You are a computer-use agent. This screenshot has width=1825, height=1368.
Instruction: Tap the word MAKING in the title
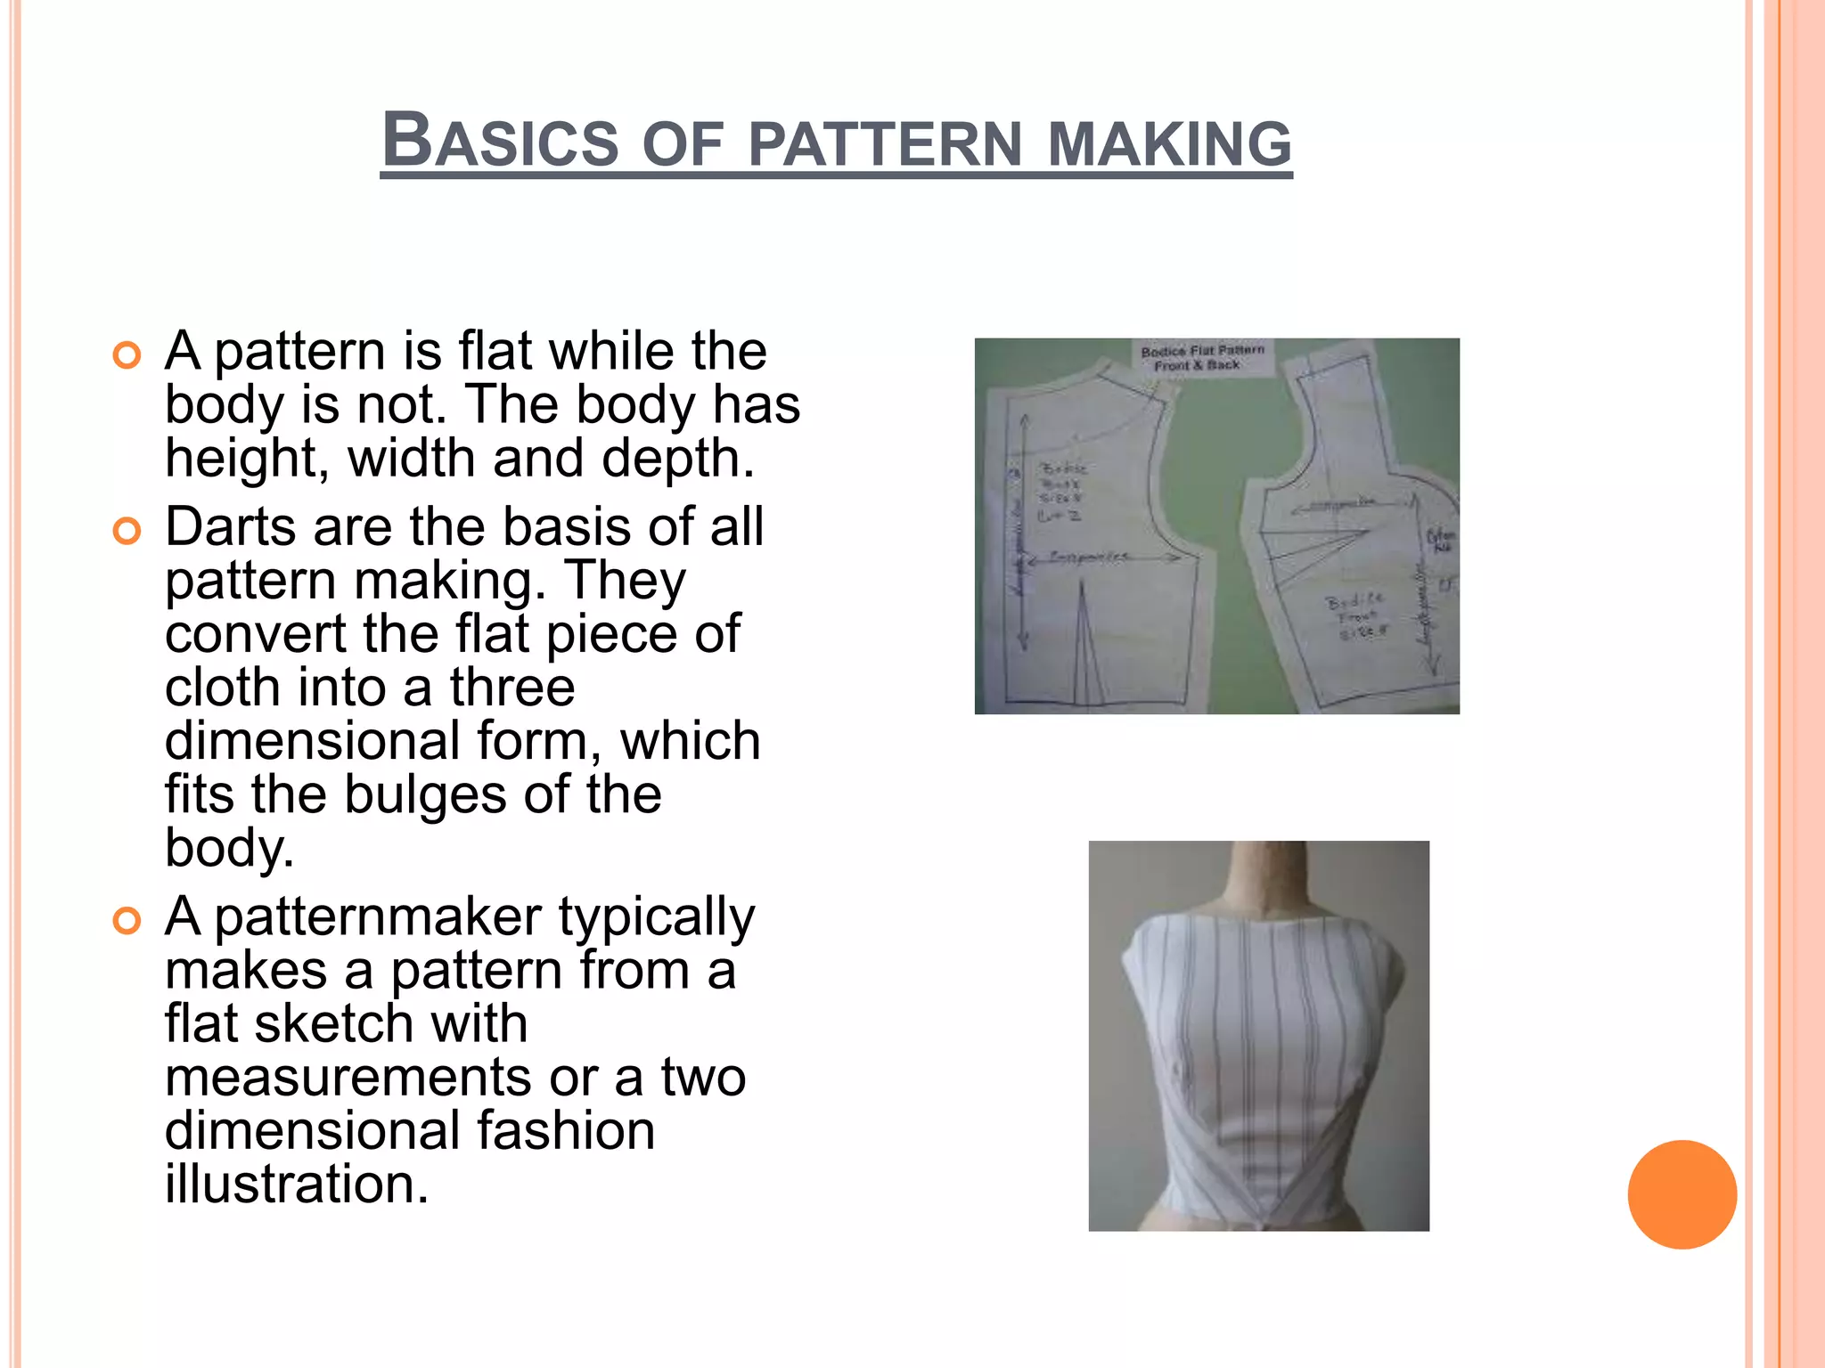point(1169,144)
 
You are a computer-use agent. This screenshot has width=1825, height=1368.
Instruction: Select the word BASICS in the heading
point(499,142)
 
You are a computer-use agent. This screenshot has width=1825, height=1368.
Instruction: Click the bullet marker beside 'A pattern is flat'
point(127,355)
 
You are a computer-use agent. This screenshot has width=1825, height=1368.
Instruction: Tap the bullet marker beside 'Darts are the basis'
point(127,532)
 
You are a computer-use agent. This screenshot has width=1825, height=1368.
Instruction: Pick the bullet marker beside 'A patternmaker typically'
point(127,921)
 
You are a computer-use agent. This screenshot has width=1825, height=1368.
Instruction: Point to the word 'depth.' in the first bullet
point(677,459)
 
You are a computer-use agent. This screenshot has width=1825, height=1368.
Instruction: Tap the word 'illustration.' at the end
point(297,1184)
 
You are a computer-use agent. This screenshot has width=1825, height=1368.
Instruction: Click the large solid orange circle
point(1682,1194)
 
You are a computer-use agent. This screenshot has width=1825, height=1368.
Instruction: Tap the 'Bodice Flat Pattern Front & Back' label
point(1201,358)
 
